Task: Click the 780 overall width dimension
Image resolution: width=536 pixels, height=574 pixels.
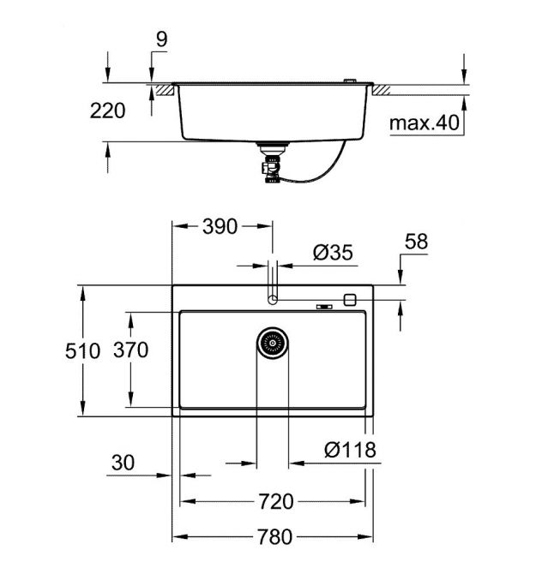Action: coord(274,536)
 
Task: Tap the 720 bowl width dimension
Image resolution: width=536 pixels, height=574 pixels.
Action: coord(276,501)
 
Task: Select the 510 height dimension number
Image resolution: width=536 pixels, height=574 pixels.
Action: coord(82,350)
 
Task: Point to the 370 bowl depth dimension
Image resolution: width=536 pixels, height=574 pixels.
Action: coord(131,350)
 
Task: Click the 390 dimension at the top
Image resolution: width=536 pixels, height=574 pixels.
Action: coord(220,226)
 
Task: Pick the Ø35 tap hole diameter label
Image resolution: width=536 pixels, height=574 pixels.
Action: coord(333,252)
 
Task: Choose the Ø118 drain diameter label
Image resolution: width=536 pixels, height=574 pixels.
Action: coord(350,449)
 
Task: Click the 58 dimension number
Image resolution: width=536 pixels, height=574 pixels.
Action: coord(416,242)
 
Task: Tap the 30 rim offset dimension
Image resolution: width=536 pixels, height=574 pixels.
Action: coord(123,463)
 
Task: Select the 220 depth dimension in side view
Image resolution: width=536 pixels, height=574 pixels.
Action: coord(107,111)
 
